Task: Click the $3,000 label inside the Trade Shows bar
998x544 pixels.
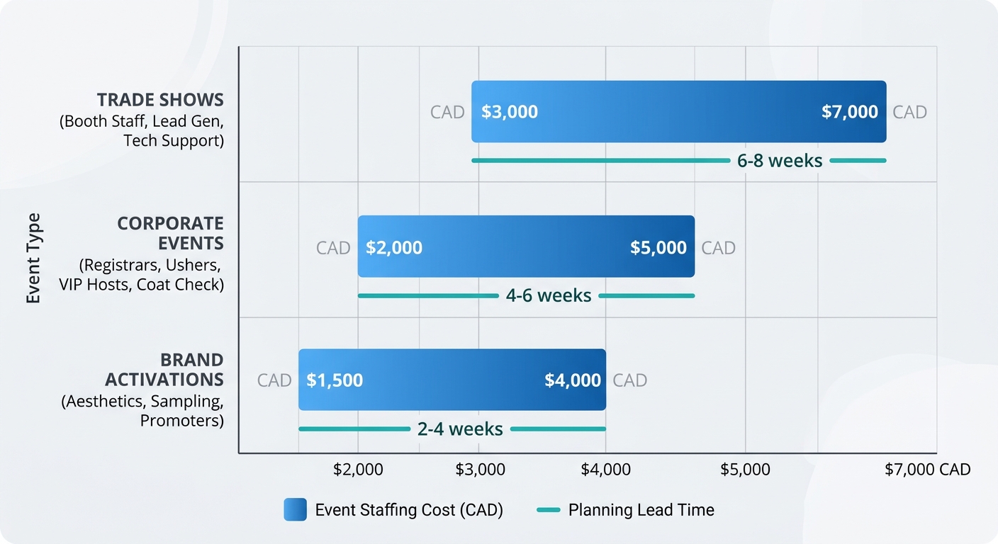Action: tap(509, 112)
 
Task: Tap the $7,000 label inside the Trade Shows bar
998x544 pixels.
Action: tap(849, 112)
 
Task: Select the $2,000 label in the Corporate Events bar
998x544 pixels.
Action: tap(393, 248)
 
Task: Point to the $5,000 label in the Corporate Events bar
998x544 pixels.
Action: tap(658, 248)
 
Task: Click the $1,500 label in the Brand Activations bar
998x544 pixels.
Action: tap(334, 380)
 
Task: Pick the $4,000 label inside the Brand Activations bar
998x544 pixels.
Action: tap(572, 380)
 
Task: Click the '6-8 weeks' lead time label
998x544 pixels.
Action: tap(779, 161)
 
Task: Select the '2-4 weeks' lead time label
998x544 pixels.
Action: tap(460, 429)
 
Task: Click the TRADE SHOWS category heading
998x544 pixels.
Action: tap(160, 99)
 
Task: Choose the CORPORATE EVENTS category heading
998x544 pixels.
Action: tap(170, 233)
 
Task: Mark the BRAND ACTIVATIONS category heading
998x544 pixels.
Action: tap(174, 369)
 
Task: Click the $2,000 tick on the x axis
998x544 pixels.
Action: tap(358, 470)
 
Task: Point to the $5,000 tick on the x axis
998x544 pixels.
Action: tap(745, 470)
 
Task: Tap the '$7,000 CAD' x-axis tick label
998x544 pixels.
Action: tap(927, 470)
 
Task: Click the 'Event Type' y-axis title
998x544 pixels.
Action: tap(33, 258)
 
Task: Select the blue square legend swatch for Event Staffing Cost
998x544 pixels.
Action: tap(295, 510)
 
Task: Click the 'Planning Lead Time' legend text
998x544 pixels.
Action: tap(641, 510)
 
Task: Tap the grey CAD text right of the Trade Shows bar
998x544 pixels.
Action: tap(909, 112)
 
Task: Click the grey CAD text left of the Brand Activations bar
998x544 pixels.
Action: tap(274, 380)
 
